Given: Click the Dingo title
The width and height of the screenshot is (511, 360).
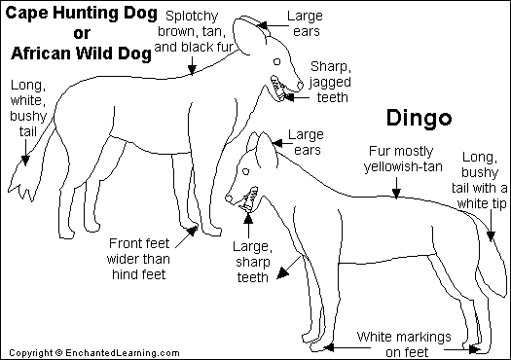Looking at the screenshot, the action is click(x=420, y=118).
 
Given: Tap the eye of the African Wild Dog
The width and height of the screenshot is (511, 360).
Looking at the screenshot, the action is click(x=277, y=61).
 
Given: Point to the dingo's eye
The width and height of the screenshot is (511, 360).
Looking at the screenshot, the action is click(x=246, y=171).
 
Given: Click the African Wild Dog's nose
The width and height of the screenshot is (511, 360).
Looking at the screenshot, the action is click(x=300, y=86).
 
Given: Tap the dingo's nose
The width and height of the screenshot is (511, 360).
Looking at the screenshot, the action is click(x=229, y=198).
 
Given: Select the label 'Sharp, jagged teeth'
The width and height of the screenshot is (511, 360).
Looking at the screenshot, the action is click(x=330, y=82).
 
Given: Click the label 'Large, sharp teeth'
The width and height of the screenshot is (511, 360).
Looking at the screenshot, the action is click(x=252, y=262).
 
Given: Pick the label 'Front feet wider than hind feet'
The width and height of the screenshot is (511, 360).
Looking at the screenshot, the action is click(x=138, y=259).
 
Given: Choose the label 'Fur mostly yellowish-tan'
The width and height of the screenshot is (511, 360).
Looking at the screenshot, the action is click(x=403, y=159).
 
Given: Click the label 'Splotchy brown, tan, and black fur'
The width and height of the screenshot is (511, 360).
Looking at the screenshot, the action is click(x=194, y=31).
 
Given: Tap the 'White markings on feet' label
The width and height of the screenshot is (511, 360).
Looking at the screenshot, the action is click(x=404, y=344).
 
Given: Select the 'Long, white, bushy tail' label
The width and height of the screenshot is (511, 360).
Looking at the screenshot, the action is click(x=28, y=108).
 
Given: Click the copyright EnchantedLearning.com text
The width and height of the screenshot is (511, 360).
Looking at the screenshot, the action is click(x=94, y=353).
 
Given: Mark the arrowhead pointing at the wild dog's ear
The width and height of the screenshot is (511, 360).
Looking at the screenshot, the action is click(x=262, y=25).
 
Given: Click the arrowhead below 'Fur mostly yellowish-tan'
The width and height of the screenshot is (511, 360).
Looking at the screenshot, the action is click(x=396, y=194).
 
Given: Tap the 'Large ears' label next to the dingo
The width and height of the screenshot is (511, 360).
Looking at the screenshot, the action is click(x=306, y=142).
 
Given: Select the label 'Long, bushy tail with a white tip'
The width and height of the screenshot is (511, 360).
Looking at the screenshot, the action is click(x=480, y=180).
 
